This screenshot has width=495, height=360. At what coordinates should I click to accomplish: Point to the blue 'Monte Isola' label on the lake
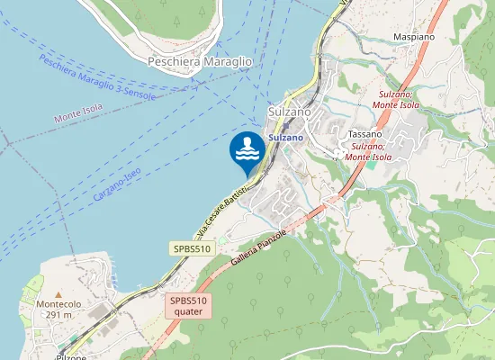tap(78, 113)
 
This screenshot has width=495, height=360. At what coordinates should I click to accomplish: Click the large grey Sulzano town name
tap(290, 111)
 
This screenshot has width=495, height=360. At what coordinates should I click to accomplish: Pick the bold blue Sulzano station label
tap(287, 139)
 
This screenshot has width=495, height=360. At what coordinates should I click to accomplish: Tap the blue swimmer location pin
tap(247, 150)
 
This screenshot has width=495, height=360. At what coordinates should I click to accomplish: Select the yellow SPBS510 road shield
tap(191, 247)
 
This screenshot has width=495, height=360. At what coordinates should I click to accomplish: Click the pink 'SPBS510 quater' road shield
tap(189, 306)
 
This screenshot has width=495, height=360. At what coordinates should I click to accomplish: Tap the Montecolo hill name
tap(58, 304)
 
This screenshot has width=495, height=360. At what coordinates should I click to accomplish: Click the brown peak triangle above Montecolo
tap(58, 294)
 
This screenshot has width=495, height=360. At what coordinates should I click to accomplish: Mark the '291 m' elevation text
tap(58, 315)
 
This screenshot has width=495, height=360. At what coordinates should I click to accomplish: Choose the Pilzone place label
tap(70, 356)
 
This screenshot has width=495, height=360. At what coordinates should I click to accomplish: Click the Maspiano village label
tap(414, 37)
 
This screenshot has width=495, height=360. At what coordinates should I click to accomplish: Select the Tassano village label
tap(366, 134)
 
